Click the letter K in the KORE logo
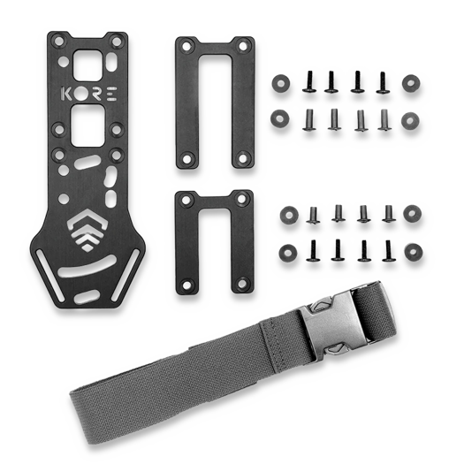pyautogui.click(x=66, y=92)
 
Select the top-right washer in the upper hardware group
pyautogui.click(x=410, y=82)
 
